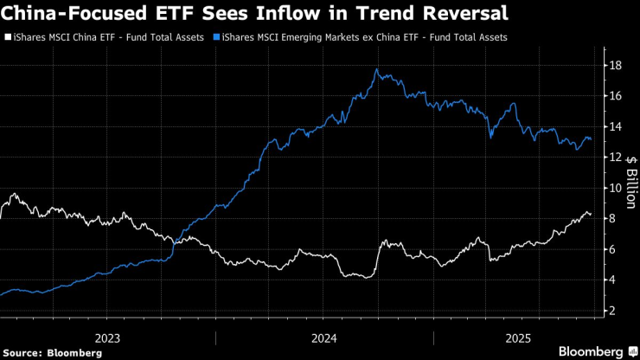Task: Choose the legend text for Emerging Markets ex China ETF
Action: click(364, 38)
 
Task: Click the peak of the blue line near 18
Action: click(377, 69)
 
